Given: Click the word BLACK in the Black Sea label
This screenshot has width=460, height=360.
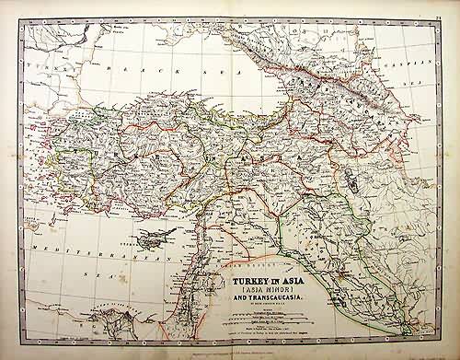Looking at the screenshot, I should [x=121, y=70].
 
